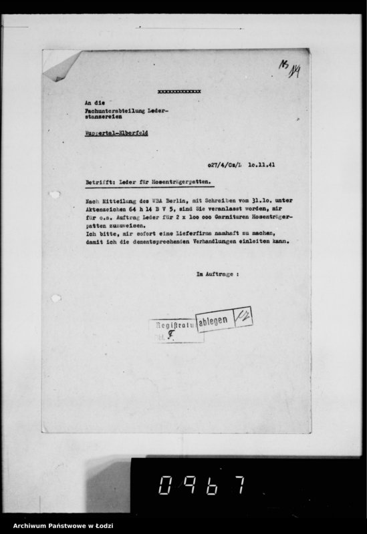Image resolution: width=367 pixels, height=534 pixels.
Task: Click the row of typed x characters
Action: [x=178, y=91]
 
